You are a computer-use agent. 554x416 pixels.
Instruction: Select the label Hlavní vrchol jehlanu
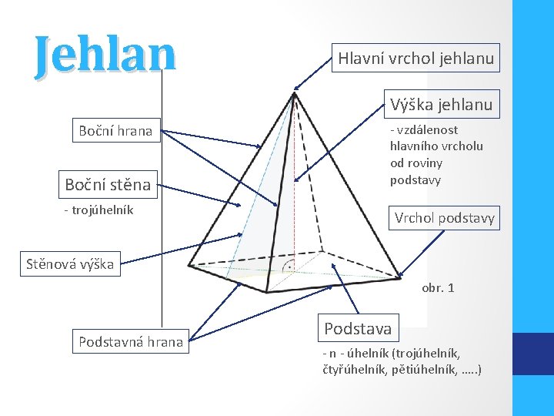coord(415,58)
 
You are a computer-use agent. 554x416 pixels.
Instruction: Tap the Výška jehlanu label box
coord(441,103)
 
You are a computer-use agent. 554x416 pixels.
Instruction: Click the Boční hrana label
coord(115,131)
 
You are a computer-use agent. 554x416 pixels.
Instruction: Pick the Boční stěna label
coord(108,184)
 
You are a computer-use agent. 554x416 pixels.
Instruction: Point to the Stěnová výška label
coord(69,264)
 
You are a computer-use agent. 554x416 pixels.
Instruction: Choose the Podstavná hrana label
coord(131,341)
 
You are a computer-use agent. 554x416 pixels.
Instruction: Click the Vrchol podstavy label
coord(445,218)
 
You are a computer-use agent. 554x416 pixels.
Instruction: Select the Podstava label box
coord(358,328)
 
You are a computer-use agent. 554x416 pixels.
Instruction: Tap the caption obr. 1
coord(438,287)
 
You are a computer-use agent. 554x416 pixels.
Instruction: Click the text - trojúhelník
coord(98,210)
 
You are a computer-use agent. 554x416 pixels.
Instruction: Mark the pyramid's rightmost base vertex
coord(400,277)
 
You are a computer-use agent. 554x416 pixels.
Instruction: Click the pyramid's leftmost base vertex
coord(189,267)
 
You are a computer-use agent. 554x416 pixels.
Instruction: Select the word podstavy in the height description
coord(415,180)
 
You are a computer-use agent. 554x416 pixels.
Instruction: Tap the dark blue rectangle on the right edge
coord(533,354)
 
